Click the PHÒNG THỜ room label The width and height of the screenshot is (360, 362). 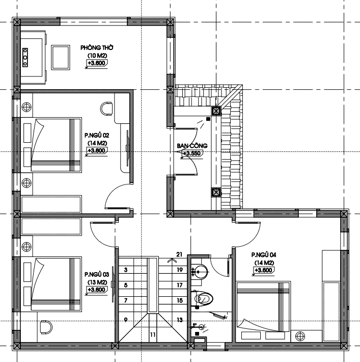point(97,48)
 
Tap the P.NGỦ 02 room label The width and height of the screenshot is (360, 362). point(97,135)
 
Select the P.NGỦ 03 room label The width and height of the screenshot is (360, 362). point(97,274)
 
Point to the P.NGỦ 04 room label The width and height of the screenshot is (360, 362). point(264,255)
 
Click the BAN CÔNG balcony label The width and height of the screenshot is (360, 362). point(192,146)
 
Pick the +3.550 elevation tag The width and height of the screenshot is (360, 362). point(192,153)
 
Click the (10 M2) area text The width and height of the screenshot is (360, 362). point(97,56)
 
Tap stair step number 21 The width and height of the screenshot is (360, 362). point(179,254)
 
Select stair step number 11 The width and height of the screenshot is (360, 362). point(153,334)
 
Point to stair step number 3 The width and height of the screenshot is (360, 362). point(126,270)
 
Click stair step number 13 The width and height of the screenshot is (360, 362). point(180,320)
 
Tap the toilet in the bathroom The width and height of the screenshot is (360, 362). point(202,298)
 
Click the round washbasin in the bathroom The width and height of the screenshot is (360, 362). point(201,272)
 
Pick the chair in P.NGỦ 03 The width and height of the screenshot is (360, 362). point(46,327)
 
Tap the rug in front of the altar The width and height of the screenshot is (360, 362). point(61,58)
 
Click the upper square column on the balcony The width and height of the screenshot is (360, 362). point(216,111)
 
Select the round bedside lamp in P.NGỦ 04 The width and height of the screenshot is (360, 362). point(300,336)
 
